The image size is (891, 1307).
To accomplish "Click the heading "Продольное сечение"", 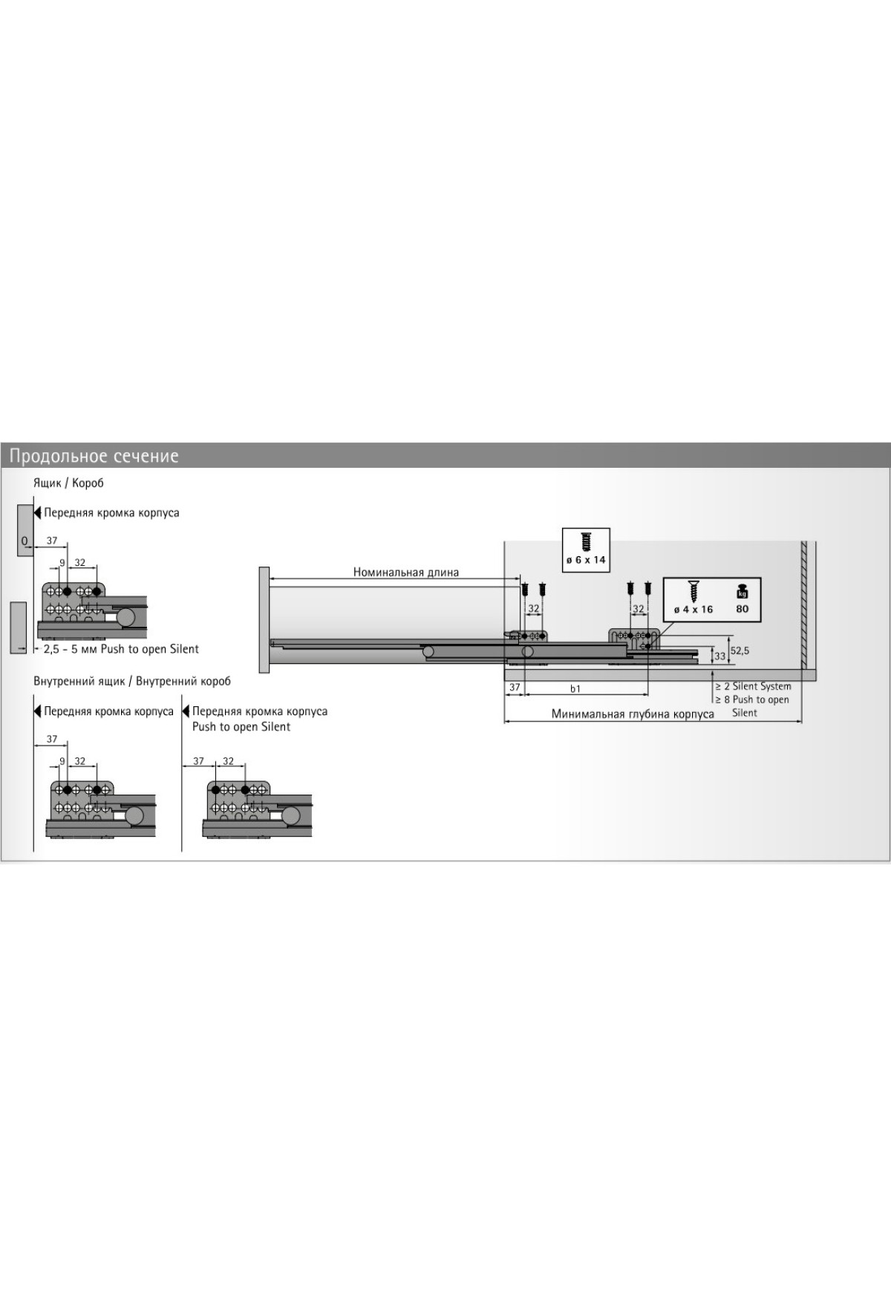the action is [x=94, y=455].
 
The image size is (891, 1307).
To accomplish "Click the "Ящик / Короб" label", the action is [x=68, y=483].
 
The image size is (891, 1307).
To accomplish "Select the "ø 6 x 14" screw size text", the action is [x=586, y=560].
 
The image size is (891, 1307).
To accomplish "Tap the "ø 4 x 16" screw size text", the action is [x=693, y=610].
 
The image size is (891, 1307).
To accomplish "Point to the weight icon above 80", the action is [x=742, y=592].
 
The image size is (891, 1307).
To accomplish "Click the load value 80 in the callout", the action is [x=742, y=610].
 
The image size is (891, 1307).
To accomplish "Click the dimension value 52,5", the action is [x=740, y=650].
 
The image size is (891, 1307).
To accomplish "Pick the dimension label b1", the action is [x=575, y=688].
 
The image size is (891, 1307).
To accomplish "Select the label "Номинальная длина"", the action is [x=406, y=572].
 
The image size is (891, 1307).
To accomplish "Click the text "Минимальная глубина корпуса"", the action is [x=633, y=714].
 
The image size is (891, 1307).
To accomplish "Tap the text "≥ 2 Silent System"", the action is [x=753, y=686].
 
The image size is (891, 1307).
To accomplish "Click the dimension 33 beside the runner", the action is [x=719, y=656].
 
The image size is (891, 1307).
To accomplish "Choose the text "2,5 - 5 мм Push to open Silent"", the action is [x=121, y=649].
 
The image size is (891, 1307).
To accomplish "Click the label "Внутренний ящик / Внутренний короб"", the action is [x=132, y=681].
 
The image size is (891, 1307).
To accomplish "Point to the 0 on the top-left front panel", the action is [x=24, y=540].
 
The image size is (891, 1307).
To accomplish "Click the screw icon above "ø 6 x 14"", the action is [x=586, y=541].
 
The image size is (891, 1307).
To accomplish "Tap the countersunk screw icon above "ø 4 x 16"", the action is [x=694, y=591].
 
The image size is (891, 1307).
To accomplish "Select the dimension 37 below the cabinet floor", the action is [x=515, y=688].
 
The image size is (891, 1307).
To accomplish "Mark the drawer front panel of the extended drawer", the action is [x=264, y=618].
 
